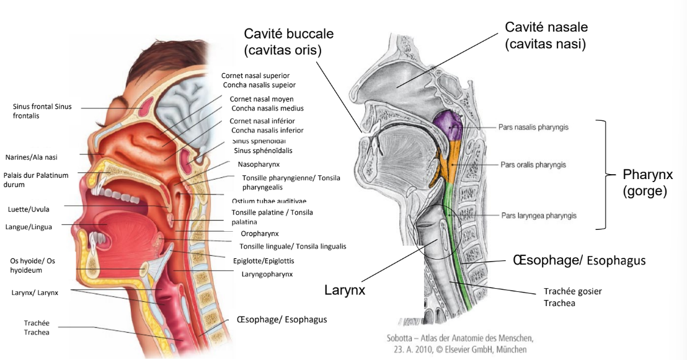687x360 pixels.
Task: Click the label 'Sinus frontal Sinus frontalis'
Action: coord(42,111)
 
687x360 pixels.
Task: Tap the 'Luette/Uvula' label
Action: coord(29,209)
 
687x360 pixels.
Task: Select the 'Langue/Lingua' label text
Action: coord(29,227)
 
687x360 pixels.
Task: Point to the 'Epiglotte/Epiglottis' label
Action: coord(264,261)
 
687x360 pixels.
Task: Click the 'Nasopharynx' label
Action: coord(259,164)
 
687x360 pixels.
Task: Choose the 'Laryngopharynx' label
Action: coord(267,273)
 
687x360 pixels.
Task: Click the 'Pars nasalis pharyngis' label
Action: coord(533,127)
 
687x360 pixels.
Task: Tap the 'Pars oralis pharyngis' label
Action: coord(533,165)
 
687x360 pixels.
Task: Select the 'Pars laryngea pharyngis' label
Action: coord(539,216)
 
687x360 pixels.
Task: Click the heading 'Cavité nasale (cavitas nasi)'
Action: coord(546,35)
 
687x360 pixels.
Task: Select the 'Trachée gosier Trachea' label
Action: coord(572,297)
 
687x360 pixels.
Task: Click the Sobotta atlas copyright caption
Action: coord(456,344)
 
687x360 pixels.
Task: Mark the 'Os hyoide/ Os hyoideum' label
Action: coord(32,266)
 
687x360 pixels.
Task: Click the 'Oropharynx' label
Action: coord(260,234)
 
